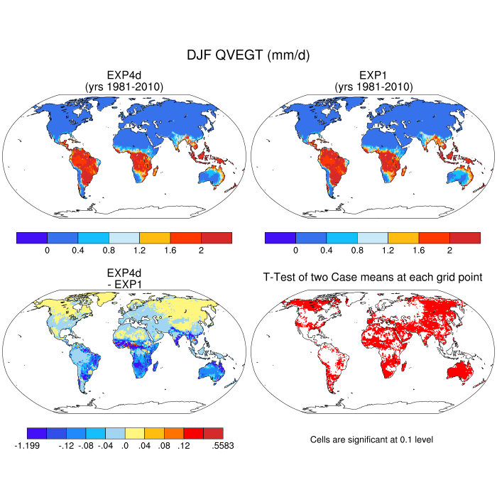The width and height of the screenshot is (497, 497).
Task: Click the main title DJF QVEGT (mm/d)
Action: (248, 55)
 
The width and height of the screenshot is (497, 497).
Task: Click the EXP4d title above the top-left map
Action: (124, 76)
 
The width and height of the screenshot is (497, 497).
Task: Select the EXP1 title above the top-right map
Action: (372, 76)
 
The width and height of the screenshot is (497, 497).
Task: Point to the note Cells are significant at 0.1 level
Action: (371, 439)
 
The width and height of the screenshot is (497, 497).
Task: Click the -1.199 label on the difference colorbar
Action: (27, 446)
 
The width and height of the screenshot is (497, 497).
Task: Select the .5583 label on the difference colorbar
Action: (223, 446)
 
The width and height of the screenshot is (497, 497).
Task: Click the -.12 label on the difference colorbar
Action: (65, 446)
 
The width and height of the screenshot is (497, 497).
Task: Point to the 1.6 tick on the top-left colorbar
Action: (170, 251)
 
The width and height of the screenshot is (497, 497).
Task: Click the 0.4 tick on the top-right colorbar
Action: (326, 251)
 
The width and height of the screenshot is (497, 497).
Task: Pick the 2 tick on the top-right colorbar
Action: (449, 251)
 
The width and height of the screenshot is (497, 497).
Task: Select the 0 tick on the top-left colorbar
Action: (47, 251)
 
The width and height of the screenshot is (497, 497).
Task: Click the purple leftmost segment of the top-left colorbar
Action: (31, 238)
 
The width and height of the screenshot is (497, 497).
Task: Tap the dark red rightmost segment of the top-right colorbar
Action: (464, 238)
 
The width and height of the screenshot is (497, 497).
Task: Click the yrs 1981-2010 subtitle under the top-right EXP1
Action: (372, 87)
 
